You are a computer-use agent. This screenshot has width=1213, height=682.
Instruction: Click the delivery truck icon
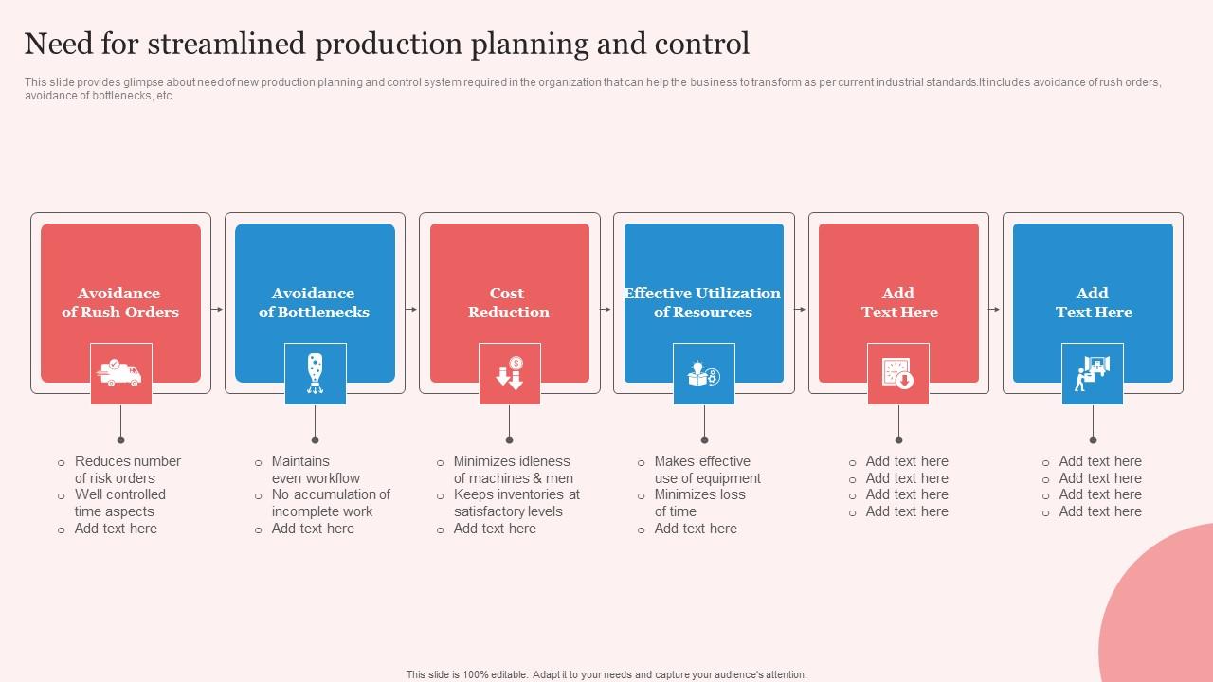pyautogui.click(x=120, y=373)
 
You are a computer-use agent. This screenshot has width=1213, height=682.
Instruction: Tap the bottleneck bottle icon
pyautogui.click(x=315, y=373)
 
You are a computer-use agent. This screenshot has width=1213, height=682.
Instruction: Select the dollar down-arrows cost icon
pyautogui.click(x=509, y=373)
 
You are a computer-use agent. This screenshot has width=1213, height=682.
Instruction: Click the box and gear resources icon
pyautogui.click(x=703, y=373)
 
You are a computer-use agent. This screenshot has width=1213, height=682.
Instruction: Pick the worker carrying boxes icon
pyautogui.click(x=1092, y=373)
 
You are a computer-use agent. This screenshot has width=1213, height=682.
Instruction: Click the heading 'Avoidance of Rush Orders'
pyautogui.click(x=120, y=303)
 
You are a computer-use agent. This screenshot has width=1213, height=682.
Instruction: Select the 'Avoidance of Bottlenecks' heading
pyautogui.click(x=314, y=303)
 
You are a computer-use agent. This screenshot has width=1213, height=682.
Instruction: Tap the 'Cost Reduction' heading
pyautogui.click(x=508, y=303)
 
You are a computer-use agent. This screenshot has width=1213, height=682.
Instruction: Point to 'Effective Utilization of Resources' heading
pyautogui.click(x=702, y=303)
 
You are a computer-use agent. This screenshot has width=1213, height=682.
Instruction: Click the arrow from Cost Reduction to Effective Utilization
pyautogui.click(x=606, y=309)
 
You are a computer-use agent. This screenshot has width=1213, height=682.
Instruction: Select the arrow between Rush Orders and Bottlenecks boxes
pyautogui.click(x=218, y=309)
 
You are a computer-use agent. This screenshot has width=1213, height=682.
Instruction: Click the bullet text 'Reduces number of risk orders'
pyautogui.click(x=127, y=470)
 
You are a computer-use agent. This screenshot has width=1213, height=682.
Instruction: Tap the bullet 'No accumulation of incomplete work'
pyautogui.click(x=330, y=503)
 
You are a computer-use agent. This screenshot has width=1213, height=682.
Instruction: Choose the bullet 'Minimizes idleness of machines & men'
pyautogui.click(x=513, y=470)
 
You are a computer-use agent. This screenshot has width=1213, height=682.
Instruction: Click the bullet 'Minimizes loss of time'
pyautogui.click(x=699, y=503)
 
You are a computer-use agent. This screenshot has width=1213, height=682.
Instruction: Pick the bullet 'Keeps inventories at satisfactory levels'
pyautogui.click(x=516, y=503)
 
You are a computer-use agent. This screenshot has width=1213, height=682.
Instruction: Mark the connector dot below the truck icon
pyautogui.click(x=120, y=440)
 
